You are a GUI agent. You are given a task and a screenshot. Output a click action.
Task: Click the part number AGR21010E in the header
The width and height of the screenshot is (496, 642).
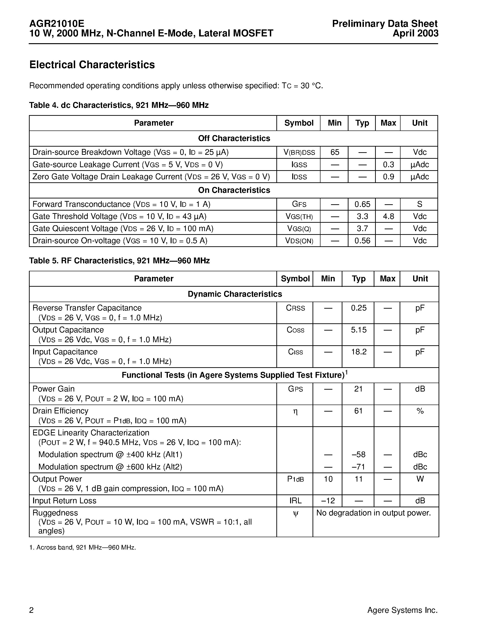click(57, 24)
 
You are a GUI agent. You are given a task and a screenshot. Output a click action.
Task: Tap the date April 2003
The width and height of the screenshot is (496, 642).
click(415, 33)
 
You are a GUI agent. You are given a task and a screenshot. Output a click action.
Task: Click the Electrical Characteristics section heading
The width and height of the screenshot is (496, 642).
click(92, 65)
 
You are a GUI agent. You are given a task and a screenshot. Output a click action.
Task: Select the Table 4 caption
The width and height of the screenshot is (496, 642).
click(119, 105)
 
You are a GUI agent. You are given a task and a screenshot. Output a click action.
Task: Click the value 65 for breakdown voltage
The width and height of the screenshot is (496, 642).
click(334, 152)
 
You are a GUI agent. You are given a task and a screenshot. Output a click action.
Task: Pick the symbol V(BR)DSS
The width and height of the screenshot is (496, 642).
click(299, 152)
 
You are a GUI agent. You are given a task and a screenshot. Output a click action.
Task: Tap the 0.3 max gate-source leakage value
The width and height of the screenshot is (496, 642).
click(388, 165)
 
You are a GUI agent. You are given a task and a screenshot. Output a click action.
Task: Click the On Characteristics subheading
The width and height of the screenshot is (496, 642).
click(234, 190)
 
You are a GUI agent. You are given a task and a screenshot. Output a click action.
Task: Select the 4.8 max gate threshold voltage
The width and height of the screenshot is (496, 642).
click(388, 216)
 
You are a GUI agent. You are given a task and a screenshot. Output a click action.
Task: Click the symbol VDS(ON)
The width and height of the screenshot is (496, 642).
click(299, 241)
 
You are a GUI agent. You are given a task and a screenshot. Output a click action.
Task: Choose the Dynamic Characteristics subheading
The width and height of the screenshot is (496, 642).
click(235, 294)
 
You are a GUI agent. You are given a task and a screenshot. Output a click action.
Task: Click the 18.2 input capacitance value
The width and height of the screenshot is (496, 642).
click(359, 352)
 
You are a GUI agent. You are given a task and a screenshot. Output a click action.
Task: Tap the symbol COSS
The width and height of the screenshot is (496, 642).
click(295, 330)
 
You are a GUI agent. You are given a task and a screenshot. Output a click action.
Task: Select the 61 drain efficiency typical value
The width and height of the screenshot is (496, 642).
click(358, 411)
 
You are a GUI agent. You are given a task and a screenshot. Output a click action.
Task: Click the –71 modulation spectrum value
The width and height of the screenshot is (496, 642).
click(358, 467)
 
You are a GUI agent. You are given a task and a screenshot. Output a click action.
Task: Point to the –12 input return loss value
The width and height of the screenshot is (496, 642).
click(328, 501)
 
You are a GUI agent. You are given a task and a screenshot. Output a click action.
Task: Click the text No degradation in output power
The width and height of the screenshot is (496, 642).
click(373, 513)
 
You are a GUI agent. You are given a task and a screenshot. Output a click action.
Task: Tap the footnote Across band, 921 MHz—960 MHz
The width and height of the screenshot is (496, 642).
click(83, 547)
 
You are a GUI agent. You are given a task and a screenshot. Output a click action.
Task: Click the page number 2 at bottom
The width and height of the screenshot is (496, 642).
click(32, 610)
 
